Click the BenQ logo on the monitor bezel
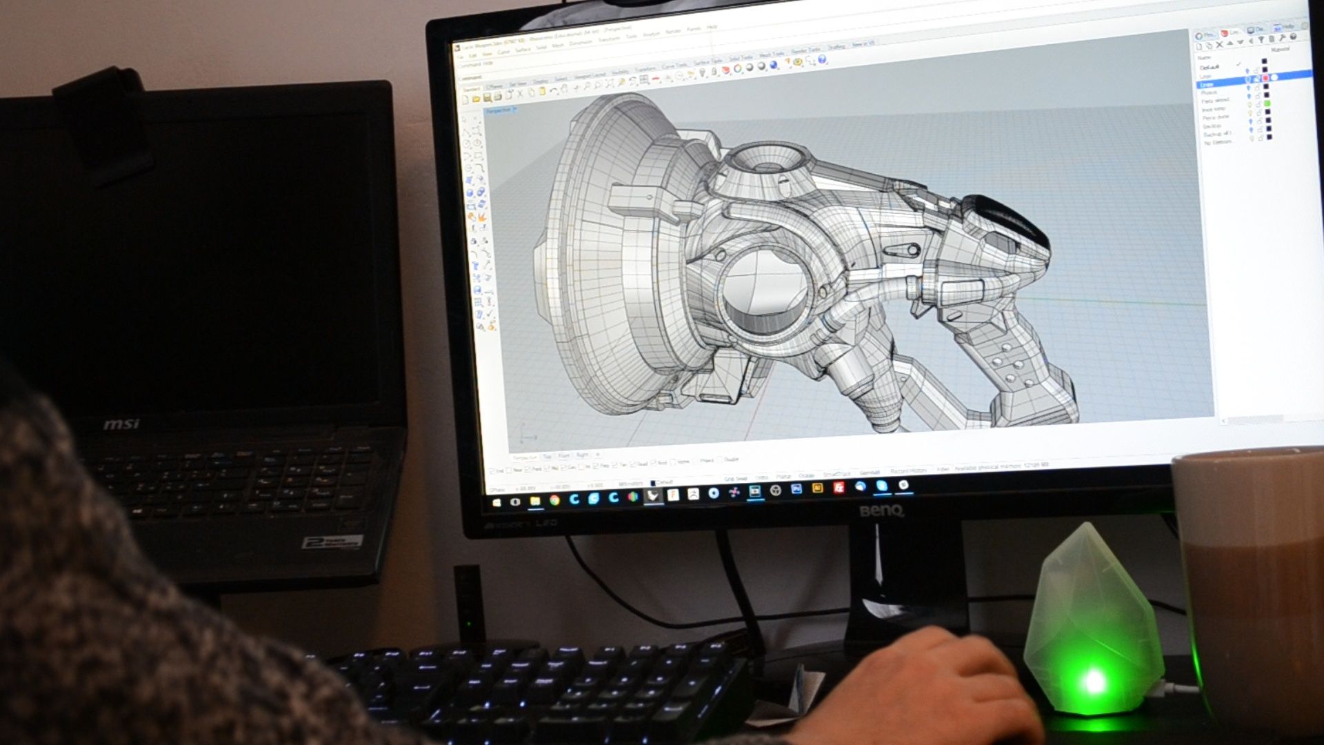click(881, 511)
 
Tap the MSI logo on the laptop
click(121, 423)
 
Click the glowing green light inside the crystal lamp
click(1094, 682)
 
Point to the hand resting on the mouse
click(924, 683)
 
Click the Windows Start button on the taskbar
click(496, 502)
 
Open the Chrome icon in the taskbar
click(554, 500)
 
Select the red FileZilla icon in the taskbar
click(839, 488)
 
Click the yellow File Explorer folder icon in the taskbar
click(535, 501)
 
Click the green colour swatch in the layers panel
click(1267, 103)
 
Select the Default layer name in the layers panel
click(1210, 67)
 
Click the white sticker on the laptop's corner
click(332, 542)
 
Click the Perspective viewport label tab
click(499, 111)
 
